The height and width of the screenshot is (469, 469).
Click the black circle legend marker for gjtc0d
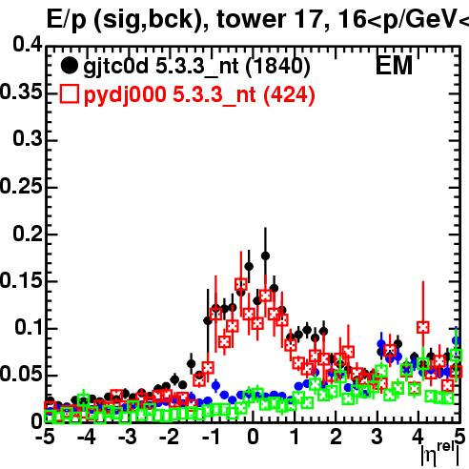click(70, 66)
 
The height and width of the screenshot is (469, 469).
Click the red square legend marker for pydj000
click(70, 94)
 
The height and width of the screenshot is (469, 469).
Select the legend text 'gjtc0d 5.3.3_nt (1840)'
click(196, 68)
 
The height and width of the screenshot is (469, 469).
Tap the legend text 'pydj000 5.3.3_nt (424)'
click(199, 95)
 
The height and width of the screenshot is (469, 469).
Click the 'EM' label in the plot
click(394, 66)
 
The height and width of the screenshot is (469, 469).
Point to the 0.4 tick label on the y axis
click(28, 44)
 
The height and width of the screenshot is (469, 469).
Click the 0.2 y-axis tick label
click(28, 234)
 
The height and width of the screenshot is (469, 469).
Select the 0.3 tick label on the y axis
click(28, 138)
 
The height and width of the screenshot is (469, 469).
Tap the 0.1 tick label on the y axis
click(29, 327)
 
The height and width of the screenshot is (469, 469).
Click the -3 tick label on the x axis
click(127, 437)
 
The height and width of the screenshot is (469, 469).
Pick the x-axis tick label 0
click(253, 437)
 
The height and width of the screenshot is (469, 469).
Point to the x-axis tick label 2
click(336, 437)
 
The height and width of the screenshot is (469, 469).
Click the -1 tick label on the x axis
click(211, 437)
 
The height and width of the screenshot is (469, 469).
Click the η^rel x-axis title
click(440, 454)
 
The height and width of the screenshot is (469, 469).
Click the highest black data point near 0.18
click(265, 255)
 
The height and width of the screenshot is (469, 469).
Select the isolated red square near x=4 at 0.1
click(423, 327)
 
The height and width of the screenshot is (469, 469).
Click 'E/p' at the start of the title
click(67, 20)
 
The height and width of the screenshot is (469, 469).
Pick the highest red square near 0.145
click(241, 285)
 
